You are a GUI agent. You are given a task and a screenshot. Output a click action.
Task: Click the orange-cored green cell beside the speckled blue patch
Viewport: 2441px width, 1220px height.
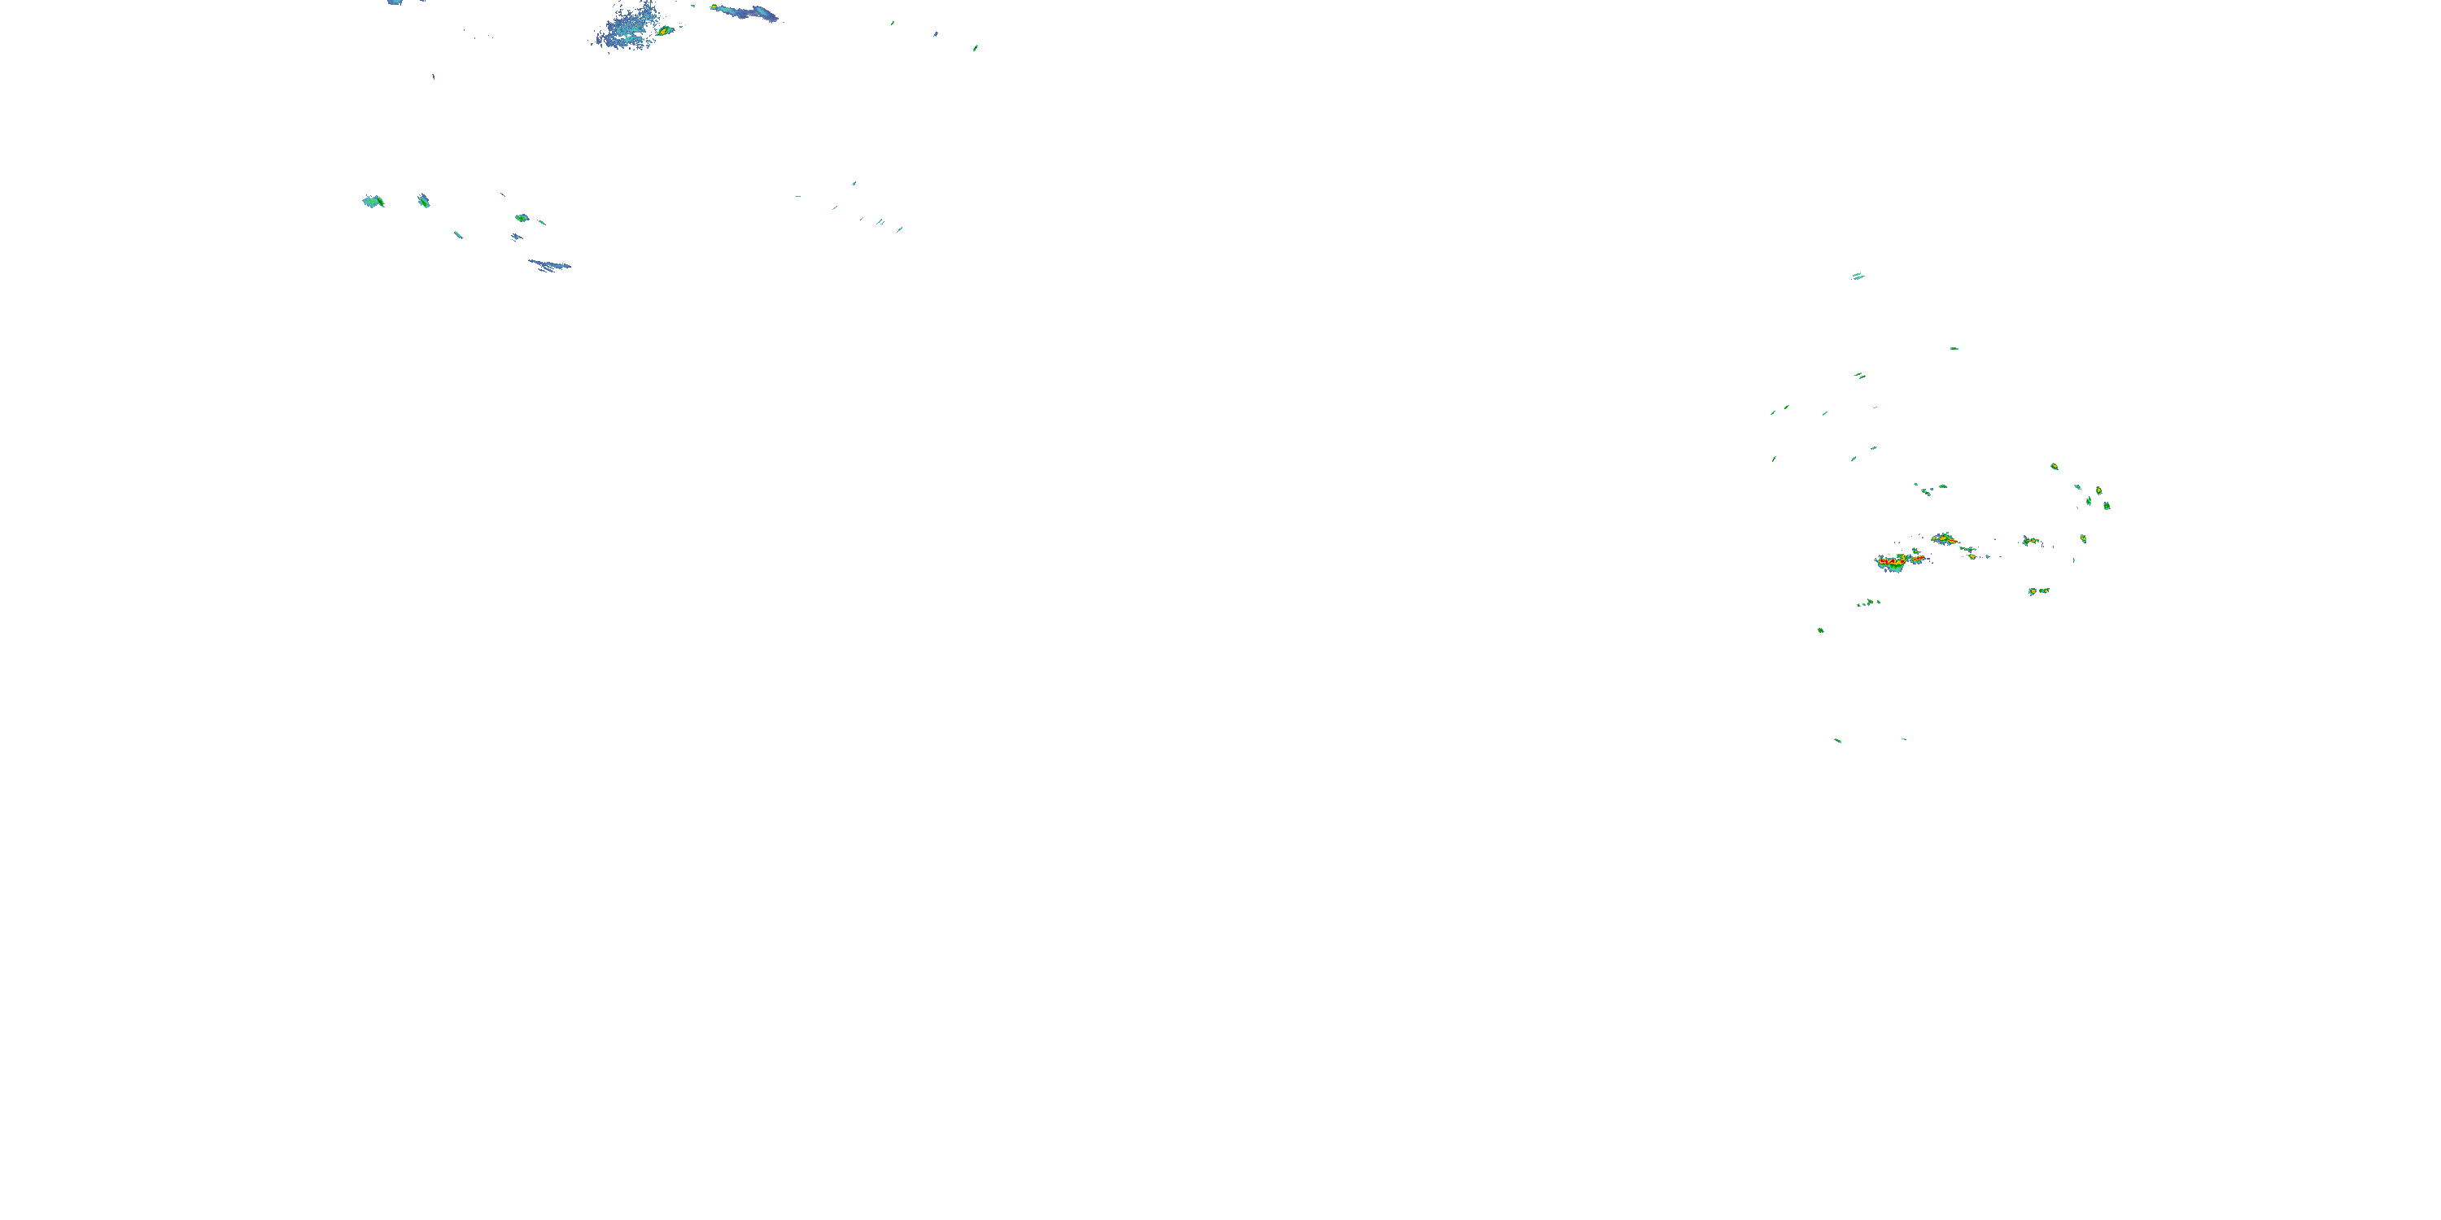coord(666,30)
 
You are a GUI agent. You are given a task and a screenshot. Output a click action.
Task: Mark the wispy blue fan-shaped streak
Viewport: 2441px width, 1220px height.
coord(549,265)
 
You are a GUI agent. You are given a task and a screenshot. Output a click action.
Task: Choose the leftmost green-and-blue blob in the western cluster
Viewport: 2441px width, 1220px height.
coord(373,201)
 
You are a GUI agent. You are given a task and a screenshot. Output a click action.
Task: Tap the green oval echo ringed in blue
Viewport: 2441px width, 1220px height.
coord(522,218)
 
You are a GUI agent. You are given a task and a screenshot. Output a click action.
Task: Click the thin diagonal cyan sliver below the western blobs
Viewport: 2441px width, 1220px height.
coord(457,234)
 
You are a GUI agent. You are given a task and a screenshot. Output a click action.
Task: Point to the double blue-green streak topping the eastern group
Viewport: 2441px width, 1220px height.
coord(1858,277)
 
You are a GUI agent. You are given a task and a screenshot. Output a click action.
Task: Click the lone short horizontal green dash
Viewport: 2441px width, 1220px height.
coord(1954,349)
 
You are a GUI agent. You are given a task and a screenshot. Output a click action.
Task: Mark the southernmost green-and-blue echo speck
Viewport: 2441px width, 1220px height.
coord(1837,740)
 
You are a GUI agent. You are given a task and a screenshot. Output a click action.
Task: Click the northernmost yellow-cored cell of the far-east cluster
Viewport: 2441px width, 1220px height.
coord(2054,466)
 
